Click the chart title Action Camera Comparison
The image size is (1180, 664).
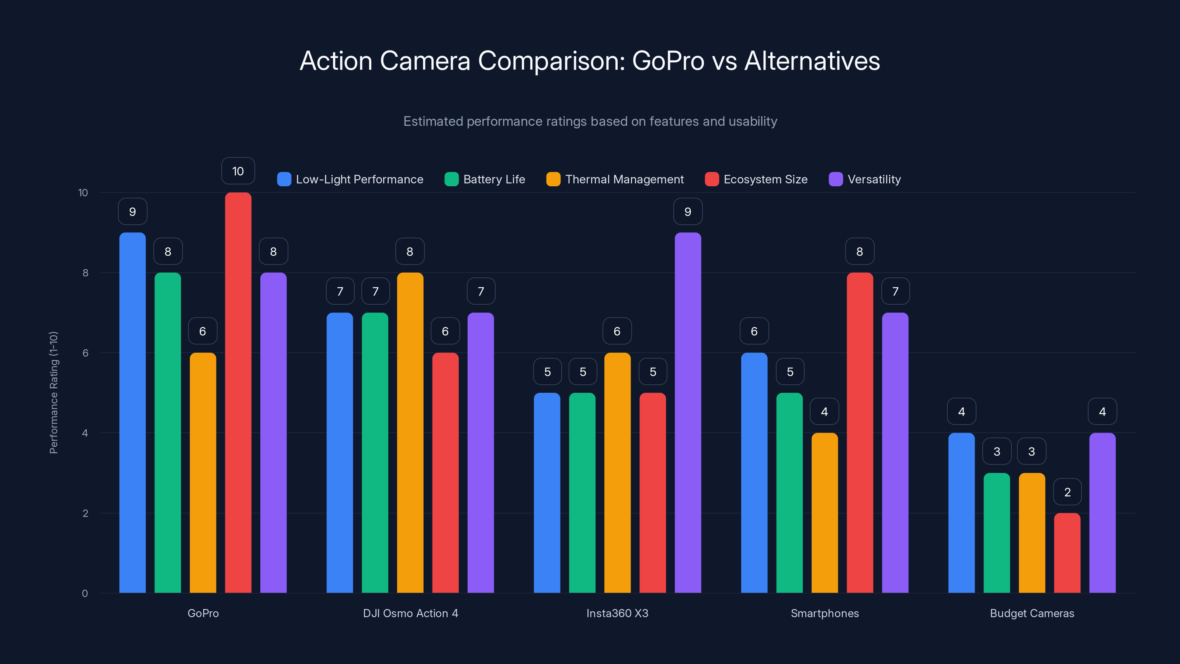click(x=590, y=61)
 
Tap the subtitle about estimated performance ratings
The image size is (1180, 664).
click(x=590, y=121)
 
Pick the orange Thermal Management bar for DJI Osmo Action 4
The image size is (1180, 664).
click(x=410, y=433)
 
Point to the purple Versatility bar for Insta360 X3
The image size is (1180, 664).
click(x=688, y=412)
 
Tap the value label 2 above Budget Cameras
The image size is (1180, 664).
click(x=1067, y=492)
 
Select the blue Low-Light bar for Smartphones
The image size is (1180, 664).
click(x=754, y=473)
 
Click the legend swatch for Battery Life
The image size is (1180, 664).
click(x=451, y=179)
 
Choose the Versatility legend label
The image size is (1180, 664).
click(x=874, y=179)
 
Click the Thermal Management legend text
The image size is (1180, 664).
click(x=624, y=179)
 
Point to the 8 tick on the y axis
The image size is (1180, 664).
click(x=85, y=273)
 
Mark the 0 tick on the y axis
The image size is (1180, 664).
click(x=85, y=594)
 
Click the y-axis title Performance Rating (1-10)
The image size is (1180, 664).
click(x=53, y=393)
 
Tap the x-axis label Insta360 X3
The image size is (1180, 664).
click(x=617, y=613)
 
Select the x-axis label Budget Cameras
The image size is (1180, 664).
click(x=1032, y=613)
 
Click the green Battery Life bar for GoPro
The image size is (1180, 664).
click(x=168, y=433)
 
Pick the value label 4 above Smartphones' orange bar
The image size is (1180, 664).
click(x=824, y=412)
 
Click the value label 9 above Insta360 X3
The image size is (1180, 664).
click(x=688, y=212)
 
